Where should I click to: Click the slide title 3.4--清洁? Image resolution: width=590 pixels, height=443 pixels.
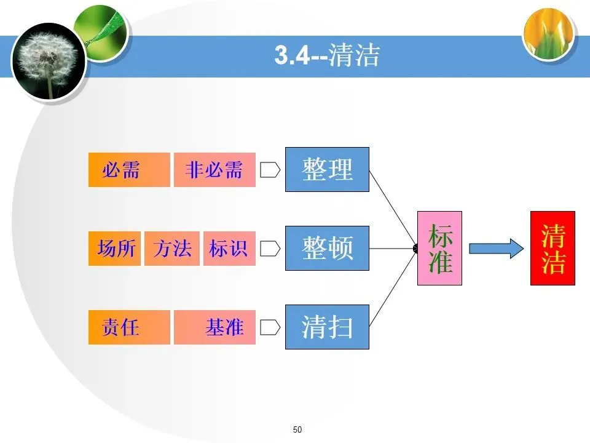tap(326, 56)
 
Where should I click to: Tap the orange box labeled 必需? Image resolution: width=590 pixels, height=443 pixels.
tap(129, 170)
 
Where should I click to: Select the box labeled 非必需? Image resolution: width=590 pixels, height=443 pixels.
tap(214, 170)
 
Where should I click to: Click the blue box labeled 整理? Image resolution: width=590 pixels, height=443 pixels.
tap(327, 169)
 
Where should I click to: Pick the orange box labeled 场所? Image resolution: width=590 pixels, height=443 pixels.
tap(115, 249)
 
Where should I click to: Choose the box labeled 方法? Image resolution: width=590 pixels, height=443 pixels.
tap(172, 249)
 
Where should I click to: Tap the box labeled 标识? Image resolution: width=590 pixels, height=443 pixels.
tap(229, 249)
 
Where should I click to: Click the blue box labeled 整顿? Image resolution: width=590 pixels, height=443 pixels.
tap(327, 248)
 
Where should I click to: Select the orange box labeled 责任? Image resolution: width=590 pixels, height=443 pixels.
tap(129, 327)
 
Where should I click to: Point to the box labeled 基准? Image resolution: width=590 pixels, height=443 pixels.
tap(214, 327)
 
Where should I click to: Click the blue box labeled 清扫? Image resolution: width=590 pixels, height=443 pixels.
tap(327, 327)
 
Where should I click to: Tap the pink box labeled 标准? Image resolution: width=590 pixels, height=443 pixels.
tap(439, 248)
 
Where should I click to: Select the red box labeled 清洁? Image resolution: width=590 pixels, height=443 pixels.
tap(553, 248)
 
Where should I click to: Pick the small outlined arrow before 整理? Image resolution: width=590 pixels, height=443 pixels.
tap(270, 170)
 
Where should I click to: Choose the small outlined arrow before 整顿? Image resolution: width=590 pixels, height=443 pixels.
tap(270, 249)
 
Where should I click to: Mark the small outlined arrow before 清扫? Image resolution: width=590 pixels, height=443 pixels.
tap(270, 327)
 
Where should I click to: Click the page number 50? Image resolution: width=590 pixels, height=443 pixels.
tap(298, 429)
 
